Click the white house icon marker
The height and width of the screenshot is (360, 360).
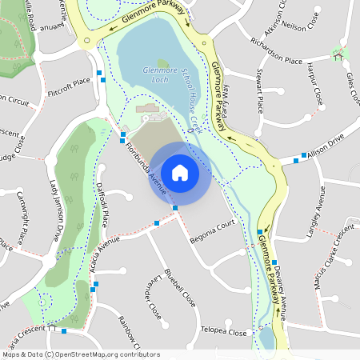click(x=180, y=172)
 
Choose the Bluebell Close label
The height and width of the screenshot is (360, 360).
click(x=181, y=288)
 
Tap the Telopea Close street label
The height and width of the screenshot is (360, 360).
click(x=224, y=331)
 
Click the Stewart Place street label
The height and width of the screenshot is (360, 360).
click(x=258, y=90)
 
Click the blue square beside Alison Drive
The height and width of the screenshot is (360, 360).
click(x=305, y=155)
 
